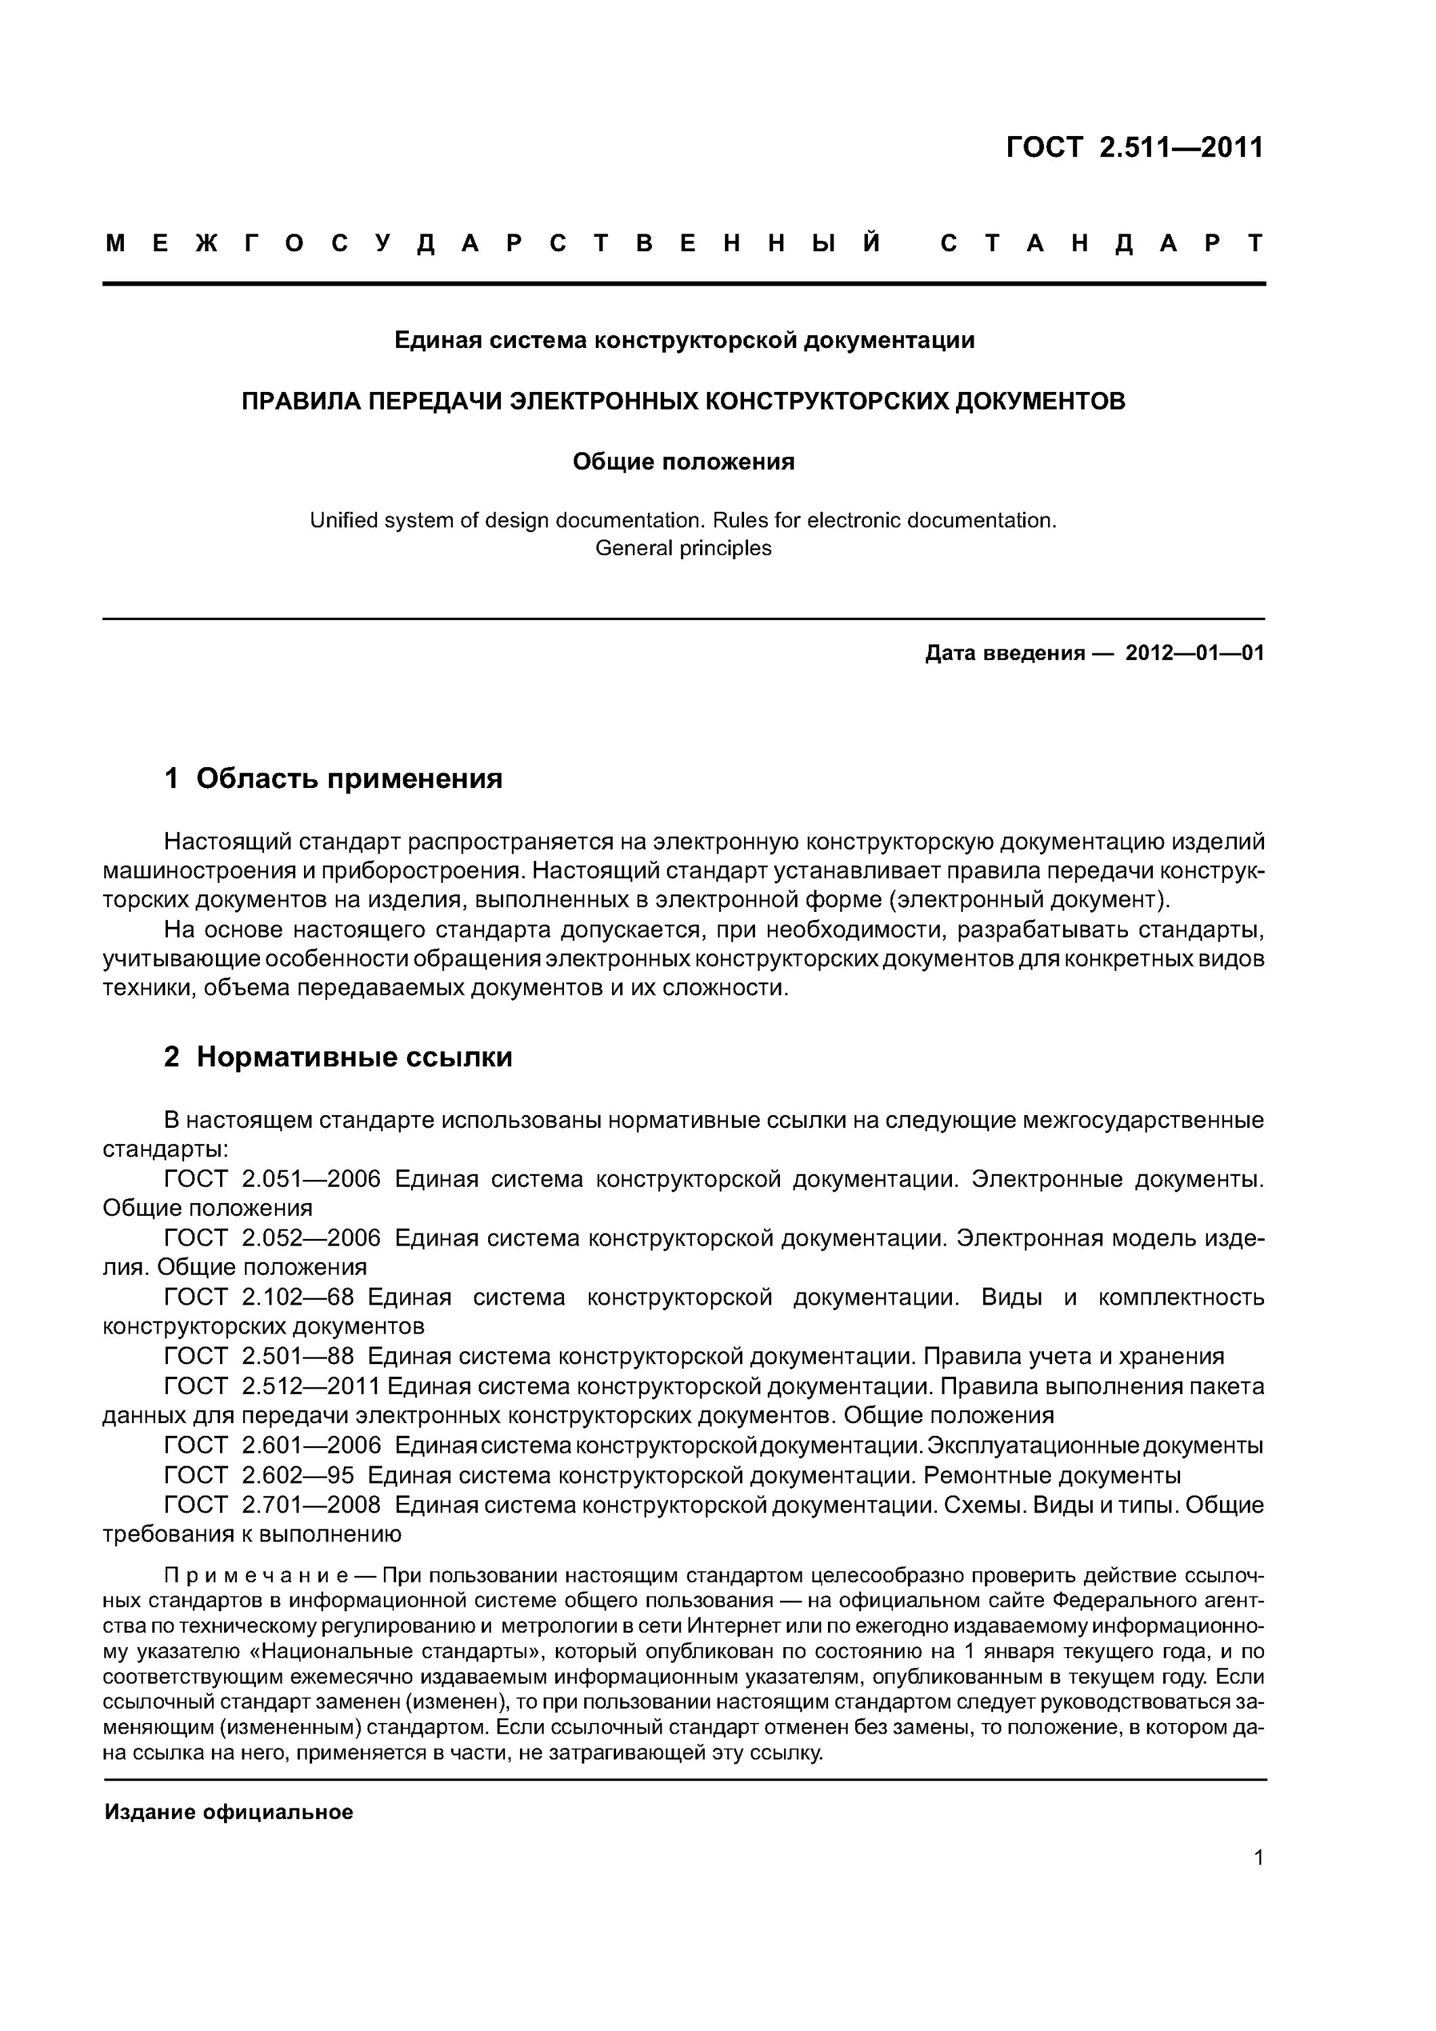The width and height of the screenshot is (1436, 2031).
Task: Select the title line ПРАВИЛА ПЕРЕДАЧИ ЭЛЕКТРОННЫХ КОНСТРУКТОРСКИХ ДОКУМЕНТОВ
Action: point(684,401)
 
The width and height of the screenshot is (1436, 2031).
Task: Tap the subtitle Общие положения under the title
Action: point(683,462)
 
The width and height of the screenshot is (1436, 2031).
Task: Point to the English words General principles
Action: point(683,548)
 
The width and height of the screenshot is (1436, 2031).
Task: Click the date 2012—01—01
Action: point(1194,654)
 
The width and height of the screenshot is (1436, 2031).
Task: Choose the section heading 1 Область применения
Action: point(334,779)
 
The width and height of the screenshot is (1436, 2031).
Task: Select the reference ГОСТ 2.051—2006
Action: point(273,1179)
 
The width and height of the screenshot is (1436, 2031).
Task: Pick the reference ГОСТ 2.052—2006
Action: point(273,1238)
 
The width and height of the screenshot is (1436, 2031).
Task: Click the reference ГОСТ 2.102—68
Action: point(259,1298)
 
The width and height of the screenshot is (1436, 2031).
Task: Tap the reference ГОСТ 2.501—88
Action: point(259,1357)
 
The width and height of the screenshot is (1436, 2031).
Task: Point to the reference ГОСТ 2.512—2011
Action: point(273,1386)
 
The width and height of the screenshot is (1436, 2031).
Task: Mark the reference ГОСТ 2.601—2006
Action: point(273,1445)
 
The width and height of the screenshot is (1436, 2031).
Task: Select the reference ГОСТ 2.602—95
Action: point(259,1475)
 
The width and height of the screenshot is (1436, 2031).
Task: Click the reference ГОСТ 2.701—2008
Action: point(273,1505)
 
